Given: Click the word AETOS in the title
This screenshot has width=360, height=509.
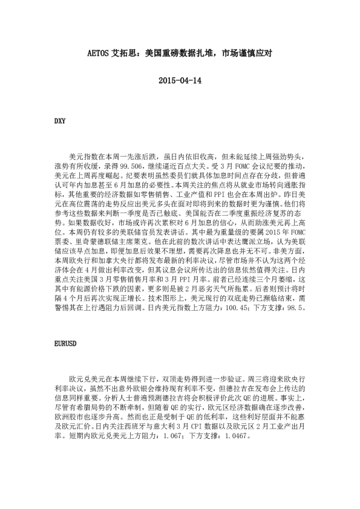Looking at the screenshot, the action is click(x=98, y=53).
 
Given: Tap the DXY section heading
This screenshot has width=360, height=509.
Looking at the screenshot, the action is click(x=59, y=120).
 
